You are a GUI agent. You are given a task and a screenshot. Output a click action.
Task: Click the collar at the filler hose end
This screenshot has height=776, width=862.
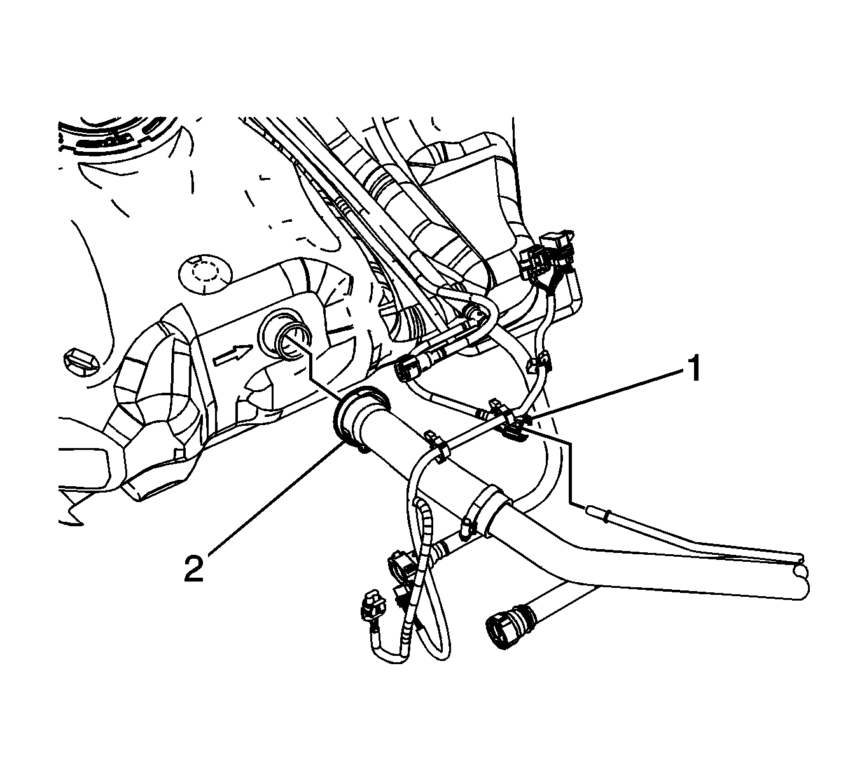point(361,414)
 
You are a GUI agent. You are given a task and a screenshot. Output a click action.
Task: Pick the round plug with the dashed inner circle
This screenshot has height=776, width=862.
point(204,275)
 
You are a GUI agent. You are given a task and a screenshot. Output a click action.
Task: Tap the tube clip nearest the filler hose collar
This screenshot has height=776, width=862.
point(438,447)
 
